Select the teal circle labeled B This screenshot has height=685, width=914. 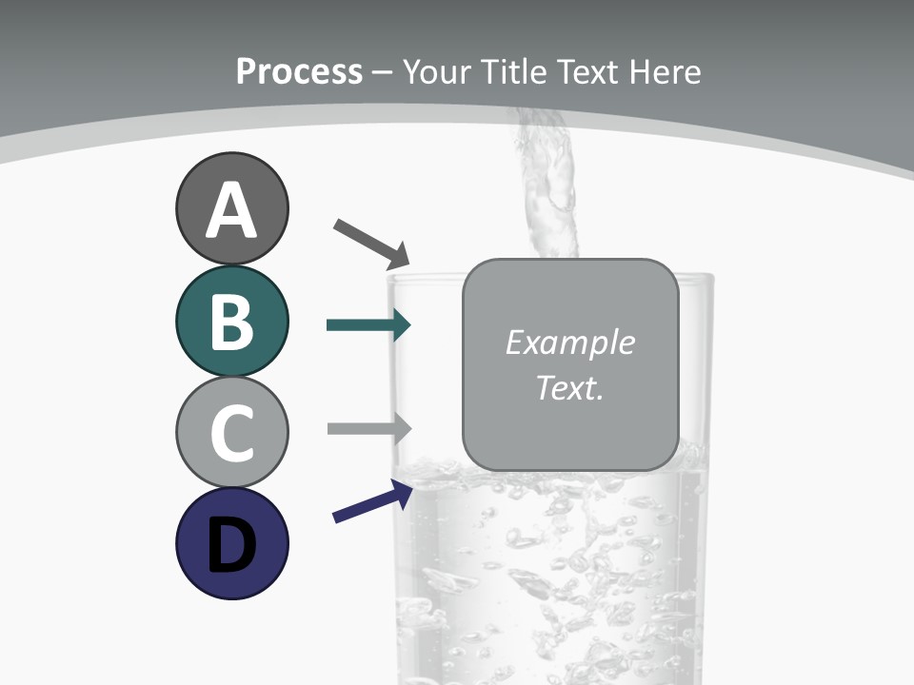231,321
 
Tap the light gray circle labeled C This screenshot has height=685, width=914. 231,432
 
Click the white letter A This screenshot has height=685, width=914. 231,210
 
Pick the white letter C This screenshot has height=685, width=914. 231,433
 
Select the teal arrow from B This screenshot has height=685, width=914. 368,325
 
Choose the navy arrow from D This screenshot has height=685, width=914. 372,501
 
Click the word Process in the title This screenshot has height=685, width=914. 299,71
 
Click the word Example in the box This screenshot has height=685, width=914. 569,342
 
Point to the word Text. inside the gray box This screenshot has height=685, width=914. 569,387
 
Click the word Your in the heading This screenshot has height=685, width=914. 435,71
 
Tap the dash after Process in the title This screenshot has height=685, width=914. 383,72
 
